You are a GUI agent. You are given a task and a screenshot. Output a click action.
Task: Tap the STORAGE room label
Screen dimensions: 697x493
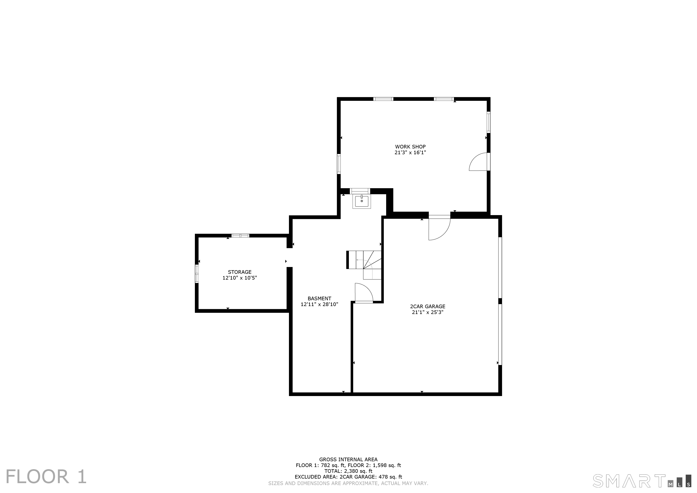point(240,272)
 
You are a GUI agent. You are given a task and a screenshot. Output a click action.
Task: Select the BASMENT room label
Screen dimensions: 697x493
point(319,298)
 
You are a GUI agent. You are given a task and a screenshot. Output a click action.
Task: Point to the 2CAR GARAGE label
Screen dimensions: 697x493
point(428,306)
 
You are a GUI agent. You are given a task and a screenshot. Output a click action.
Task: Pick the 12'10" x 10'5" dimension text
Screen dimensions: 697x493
point(240,278)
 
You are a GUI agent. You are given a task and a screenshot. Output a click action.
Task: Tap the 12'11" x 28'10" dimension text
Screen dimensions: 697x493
point(319,304)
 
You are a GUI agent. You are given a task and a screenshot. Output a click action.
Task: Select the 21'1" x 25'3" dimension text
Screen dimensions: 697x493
point(428,312)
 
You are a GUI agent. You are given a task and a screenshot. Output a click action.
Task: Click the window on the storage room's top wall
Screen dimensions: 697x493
point(240,236)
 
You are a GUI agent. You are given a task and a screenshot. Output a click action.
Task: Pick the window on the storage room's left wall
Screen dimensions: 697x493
point(197,274)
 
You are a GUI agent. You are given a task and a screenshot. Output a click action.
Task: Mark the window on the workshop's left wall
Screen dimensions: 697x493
point(339,164)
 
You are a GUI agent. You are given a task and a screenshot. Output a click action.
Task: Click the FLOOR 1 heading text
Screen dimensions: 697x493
point(46,477)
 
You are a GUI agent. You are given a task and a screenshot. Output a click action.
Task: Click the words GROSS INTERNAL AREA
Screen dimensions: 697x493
point(348,460)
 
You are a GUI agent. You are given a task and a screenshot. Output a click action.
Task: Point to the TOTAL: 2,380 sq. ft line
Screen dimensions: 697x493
point(348,471)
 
